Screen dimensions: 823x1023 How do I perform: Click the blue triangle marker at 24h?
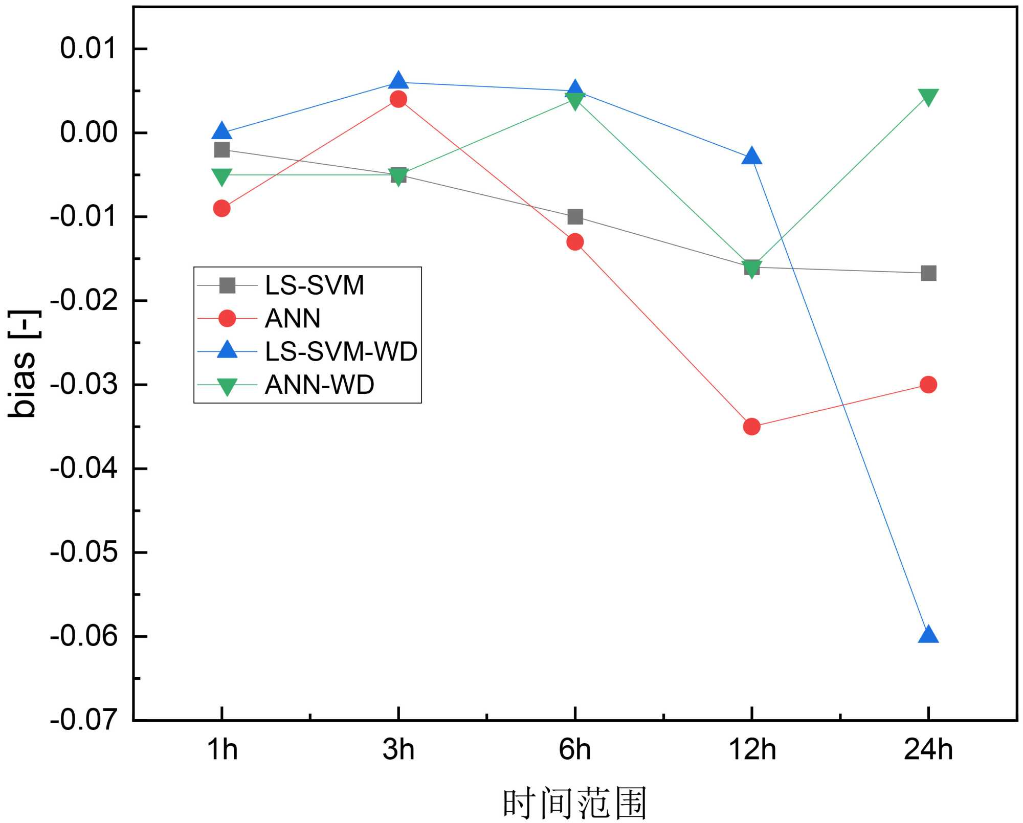[928, 635]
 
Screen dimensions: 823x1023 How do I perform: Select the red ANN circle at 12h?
[751, 426]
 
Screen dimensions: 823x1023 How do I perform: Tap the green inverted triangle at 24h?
[928, 97]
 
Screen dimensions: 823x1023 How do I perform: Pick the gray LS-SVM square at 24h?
[928, 273]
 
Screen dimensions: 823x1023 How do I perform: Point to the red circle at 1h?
[221, 208]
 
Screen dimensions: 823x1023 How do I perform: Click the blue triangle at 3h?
[398, 81]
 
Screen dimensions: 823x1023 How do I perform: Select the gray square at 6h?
[575, 217]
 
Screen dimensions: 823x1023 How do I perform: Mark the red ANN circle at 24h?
[928, 385]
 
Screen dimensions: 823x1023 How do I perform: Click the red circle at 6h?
[575, 242]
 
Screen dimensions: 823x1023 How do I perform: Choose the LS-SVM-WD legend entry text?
[341, 351]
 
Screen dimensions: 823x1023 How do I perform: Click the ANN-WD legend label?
[319, 385]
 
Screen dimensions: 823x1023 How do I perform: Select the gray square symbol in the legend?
[227, 285]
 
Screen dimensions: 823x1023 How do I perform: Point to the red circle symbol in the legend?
[227, 318]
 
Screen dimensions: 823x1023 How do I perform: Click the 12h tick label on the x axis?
[751, 750]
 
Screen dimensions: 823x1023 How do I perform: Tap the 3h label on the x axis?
[398, 750]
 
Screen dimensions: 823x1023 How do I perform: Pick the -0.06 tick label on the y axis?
[84, 636]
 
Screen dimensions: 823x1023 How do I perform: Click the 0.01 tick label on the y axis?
[88, 49]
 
